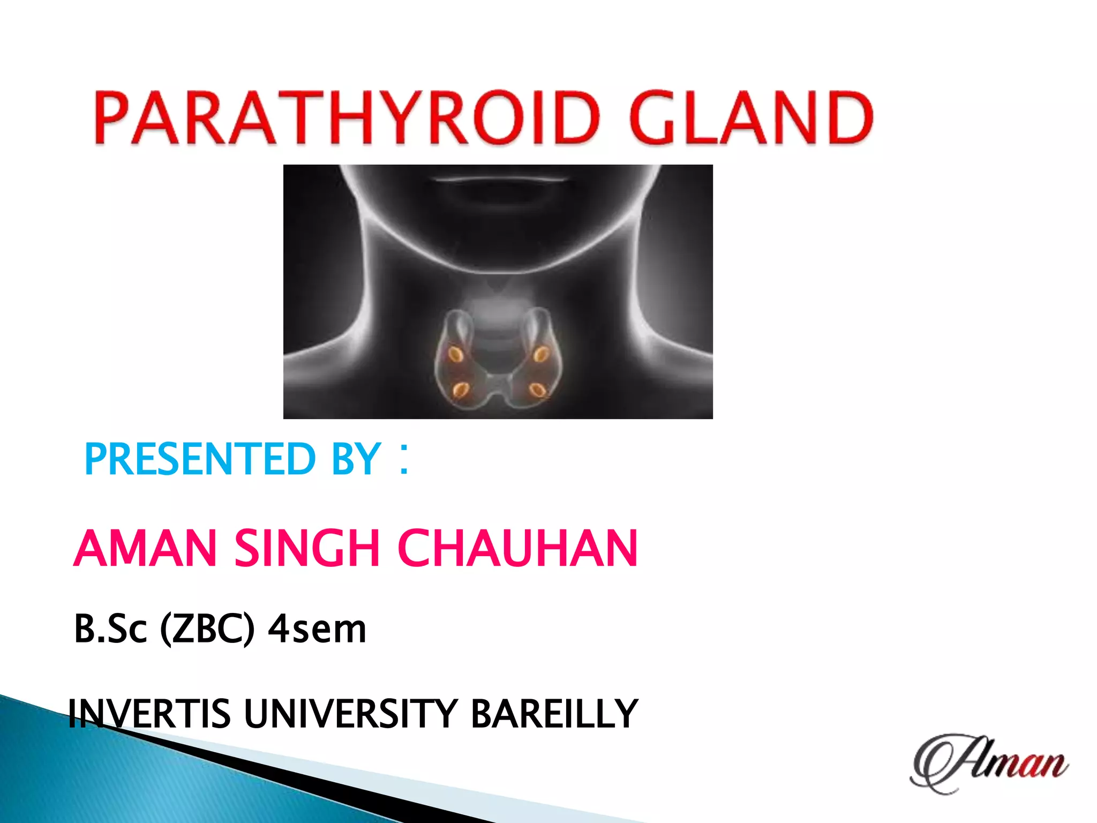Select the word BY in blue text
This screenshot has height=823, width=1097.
[356, 460]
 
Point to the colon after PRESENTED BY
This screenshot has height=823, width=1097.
[404, 459]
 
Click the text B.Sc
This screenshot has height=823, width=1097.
[110, 629]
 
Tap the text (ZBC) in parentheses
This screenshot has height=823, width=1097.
[207, 629]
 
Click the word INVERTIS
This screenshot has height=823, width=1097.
[149, 714]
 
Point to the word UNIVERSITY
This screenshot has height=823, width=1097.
[351, 714]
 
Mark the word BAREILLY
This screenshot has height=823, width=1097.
[554, 714]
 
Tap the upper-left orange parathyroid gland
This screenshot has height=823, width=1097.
[456, 354]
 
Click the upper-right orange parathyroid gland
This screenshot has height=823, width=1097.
[540, 354]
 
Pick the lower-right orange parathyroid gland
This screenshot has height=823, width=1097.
[537, 390]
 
